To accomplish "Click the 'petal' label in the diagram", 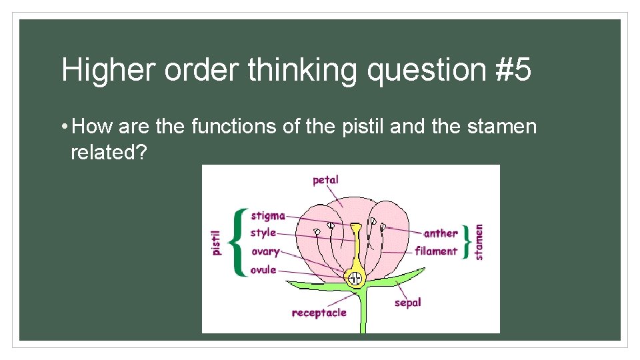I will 325,179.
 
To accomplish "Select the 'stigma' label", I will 267,216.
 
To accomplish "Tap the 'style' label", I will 263,233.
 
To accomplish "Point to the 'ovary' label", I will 265,252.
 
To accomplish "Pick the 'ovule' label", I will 263,270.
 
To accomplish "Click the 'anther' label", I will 441,233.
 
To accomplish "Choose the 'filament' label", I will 436,251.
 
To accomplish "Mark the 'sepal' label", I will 407,303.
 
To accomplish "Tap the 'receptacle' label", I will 319,313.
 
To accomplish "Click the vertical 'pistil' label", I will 216,243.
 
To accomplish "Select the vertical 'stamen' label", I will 479,241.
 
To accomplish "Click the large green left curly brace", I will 237,243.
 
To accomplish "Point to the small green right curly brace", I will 467,241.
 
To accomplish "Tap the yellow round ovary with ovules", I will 355,277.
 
